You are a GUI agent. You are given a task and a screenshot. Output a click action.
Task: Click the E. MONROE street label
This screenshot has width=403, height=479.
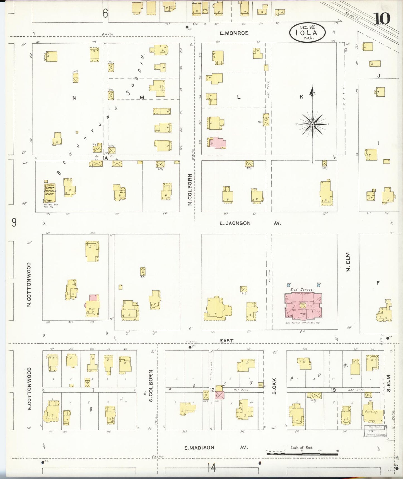234,33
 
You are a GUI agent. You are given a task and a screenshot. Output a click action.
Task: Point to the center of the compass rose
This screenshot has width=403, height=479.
313,124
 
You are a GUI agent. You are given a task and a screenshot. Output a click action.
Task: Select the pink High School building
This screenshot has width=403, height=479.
303,305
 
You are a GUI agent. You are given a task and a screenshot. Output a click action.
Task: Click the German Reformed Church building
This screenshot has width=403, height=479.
50,193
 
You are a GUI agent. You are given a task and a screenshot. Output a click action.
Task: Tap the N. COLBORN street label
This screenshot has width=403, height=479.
190,190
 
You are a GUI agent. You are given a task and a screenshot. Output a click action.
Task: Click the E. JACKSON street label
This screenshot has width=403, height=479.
235,223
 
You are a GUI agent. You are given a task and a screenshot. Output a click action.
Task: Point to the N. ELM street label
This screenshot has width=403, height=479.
348,262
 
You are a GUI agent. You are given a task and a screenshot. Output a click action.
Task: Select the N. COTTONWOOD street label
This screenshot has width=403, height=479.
29,284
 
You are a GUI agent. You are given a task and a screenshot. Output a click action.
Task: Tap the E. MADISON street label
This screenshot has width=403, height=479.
199,447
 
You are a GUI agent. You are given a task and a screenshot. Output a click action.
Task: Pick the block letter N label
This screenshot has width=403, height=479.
74,98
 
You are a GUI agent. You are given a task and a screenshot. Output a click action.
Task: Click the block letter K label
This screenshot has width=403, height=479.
301,97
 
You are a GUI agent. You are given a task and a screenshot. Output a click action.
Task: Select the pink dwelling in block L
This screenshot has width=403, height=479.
217,143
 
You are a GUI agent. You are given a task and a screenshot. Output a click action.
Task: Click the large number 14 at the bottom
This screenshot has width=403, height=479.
211,467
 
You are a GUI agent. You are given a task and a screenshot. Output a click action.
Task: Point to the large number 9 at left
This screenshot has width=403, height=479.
14,223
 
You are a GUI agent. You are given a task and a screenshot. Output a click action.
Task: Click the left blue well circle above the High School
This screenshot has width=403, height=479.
288,285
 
